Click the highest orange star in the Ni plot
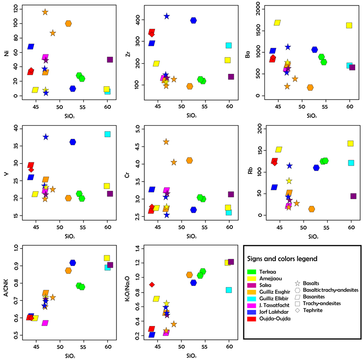pyautogui.click(x=45, y=12)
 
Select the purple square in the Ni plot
pyautogui.click(x=110, y=60)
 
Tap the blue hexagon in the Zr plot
pyautogui.click(x=193, y=21)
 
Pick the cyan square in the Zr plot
pyautogui.click(x=229, y=45)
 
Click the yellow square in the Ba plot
pyautogui.click(x=349, y=26)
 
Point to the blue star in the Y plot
pyautogui.click(x=46, y=137)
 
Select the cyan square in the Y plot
pyautogui.click(x=108, y=134)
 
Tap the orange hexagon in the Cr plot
pyautogui.click(x=189, y=161)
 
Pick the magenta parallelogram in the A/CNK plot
pyautogui.click(x=45, y=323)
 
